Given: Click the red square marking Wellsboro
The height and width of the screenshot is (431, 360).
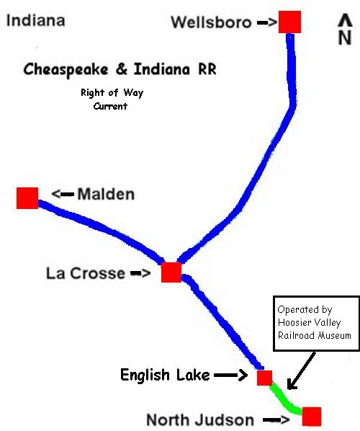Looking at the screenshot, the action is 289,22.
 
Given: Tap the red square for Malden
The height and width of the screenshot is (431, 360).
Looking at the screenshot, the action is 27,198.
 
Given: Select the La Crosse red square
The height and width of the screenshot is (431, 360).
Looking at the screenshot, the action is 171,272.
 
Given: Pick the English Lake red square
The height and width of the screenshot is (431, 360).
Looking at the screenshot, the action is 265,378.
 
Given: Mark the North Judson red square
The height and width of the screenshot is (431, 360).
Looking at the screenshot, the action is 312,417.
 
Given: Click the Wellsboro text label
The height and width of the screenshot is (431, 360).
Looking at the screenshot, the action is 211,22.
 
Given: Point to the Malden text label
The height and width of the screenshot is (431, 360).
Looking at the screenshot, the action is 106,194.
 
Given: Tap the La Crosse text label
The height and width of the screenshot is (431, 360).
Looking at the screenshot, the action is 86,273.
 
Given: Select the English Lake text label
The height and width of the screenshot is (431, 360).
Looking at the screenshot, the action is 165,375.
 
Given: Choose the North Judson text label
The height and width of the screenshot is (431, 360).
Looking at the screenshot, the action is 200,419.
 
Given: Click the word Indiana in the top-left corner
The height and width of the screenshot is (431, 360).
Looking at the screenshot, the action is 36,20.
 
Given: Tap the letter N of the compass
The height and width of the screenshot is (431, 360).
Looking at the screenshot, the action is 345,37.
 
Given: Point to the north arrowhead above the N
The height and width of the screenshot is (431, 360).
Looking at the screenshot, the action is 345,20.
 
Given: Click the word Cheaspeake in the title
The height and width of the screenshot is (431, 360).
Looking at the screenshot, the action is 66,69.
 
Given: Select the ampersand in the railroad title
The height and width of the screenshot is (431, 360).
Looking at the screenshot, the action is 121,68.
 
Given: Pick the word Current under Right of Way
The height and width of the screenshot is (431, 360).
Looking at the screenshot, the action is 110,106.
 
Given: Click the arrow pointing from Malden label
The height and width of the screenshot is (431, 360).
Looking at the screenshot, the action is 63,194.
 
